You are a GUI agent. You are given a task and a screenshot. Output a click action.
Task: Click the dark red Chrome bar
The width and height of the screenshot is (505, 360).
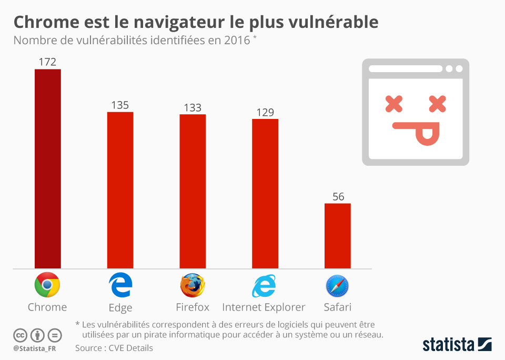pos(48,168)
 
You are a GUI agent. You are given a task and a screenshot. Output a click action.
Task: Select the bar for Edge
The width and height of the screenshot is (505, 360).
pos(120,190)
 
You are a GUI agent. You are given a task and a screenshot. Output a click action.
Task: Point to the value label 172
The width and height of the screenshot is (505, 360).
pos(47,62)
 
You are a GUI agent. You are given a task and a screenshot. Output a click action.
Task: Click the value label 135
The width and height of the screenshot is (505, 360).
pos(120,105)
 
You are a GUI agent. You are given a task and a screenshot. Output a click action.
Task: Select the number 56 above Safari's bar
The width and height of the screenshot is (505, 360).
pos(338,197)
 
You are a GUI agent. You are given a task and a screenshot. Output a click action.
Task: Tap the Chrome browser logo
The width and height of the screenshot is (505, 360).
pos(47,285)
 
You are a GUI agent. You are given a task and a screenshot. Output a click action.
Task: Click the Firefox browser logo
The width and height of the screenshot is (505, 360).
pos(193,285)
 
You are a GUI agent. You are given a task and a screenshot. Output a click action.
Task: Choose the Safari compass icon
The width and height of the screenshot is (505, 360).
pos(337,286)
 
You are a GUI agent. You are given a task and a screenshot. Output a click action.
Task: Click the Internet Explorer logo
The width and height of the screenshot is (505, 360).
pos(264,286)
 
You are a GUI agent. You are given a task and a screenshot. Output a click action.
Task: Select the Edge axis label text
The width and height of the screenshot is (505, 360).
pos(120,308)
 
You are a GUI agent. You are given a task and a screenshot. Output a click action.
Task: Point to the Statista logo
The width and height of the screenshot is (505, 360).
pos(457,345)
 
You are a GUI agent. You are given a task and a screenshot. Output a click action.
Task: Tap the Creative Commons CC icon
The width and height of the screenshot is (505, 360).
pos(20,335)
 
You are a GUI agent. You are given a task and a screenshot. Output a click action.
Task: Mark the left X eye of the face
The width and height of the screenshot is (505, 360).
pos(394,104)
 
